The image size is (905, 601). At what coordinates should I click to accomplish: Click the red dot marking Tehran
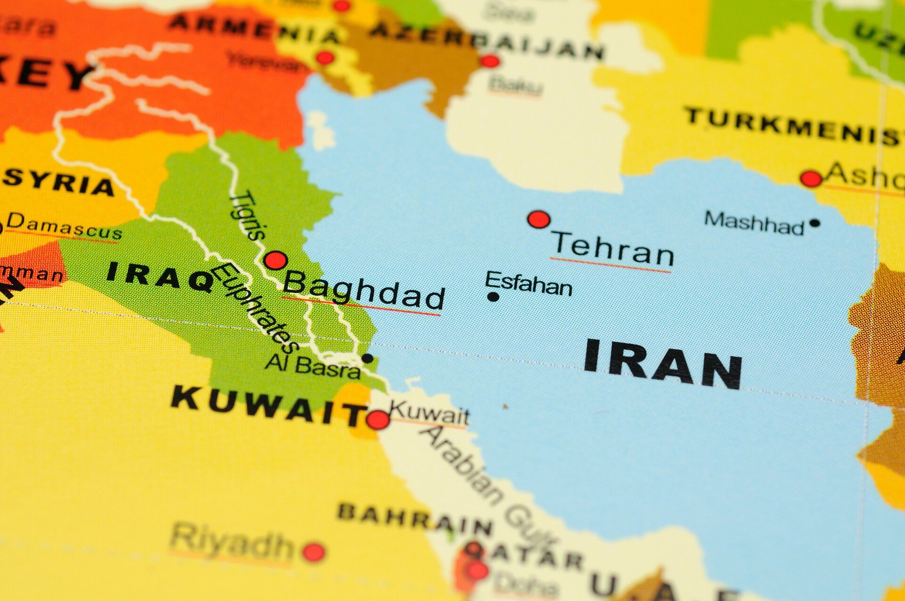(x=539, y=220)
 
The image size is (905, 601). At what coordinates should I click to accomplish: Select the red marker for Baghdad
(x=276, y=260)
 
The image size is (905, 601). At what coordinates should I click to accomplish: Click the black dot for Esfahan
(x=493, y=297)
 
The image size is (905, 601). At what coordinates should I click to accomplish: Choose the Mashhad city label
(x=754, y=222)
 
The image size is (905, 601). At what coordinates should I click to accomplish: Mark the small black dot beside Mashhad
(x=814, y=223)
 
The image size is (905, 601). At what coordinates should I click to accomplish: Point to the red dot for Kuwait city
(x=378, y=419)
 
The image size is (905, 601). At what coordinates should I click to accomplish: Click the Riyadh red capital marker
(x=313, y=552)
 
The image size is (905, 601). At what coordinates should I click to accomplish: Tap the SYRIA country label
(x=58, y=182)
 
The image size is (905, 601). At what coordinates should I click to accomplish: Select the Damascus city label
(x=64, y=227)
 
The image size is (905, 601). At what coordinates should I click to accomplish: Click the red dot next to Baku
(x=490, y=61)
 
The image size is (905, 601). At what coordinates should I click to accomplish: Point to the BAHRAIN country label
(x=415, y=519)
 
